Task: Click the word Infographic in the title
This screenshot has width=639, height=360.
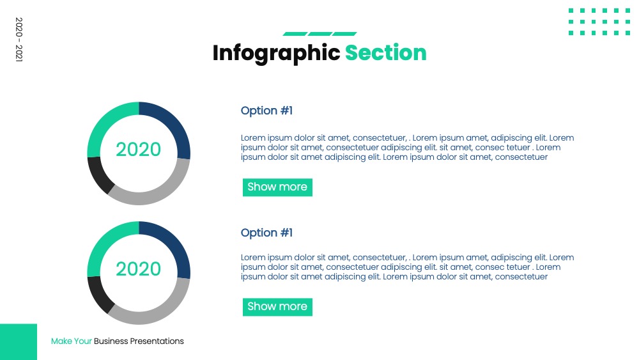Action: [x=276, y=54]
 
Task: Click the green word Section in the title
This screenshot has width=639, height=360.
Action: [x=385, y=53]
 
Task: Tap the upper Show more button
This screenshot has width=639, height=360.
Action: [x=277, y=187]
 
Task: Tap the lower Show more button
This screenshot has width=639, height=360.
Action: [x=277, y=306]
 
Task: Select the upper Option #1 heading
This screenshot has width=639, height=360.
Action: [x=266, y=111]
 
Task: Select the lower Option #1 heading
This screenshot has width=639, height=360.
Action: [x=266, y=233]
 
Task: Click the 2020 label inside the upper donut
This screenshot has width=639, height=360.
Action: [x=139, y=149]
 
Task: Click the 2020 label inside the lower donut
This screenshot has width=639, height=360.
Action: [x=139, y=269]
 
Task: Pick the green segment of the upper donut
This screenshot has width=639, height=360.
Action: [x=105, y=121]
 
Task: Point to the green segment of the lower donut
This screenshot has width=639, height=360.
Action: [x=105, y=241]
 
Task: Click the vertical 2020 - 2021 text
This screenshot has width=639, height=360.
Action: [x=19, y=40]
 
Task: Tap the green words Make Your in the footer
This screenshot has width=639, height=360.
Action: [x=72, y=341]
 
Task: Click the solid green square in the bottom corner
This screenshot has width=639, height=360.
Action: [x=19, y=341]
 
